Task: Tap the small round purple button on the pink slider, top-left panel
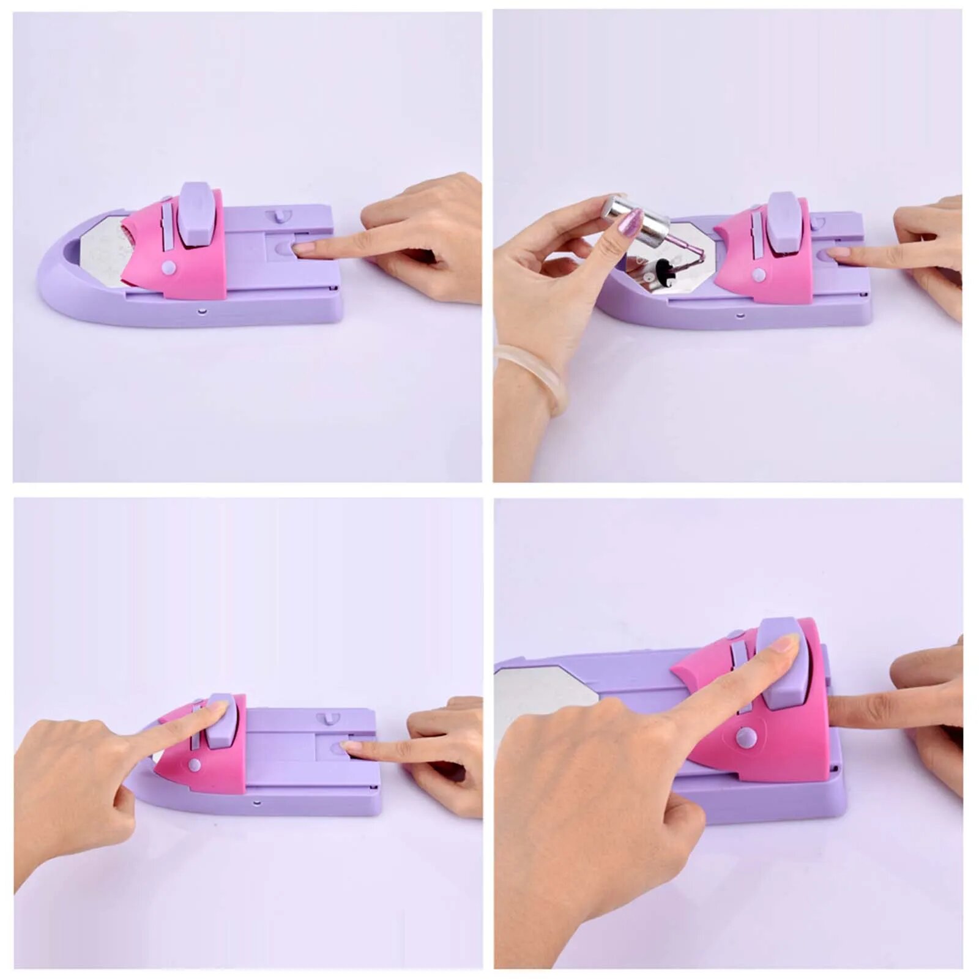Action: [169, 267]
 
